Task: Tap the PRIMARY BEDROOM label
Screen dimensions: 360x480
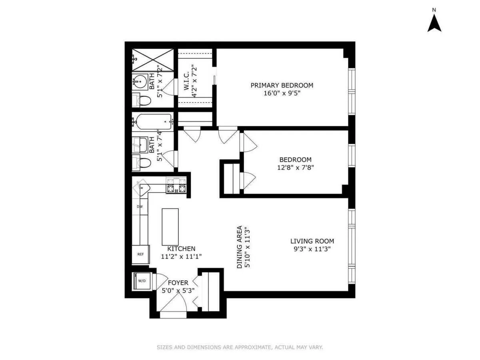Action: coord(282,85)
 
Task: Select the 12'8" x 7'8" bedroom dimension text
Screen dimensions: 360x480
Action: coord(296,168)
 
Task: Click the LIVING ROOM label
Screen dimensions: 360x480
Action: coord(312,241)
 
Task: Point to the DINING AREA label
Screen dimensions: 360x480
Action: coord(240,247)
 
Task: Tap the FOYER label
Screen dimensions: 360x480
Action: coord(178,283)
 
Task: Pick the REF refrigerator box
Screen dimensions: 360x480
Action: coord(140,254)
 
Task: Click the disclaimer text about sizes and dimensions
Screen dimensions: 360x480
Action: coord(240,347)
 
